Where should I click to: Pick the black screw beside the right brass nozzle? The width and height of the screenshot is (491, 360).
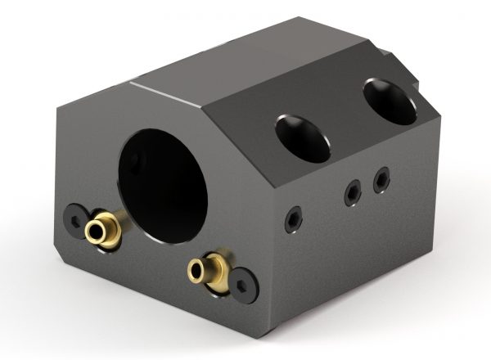tap(243, 283)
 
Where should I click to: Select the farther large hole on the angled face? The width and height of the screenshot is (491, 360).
tap(390, 101)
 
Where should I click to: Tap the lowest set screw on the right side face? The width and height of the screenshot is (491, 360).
tap(293, 218)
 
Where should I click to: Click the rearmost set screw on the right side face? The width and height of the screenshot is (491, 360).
tap(381, 179)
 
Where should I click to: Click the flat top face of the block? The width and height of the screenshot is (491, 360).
tap(245, 65)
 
